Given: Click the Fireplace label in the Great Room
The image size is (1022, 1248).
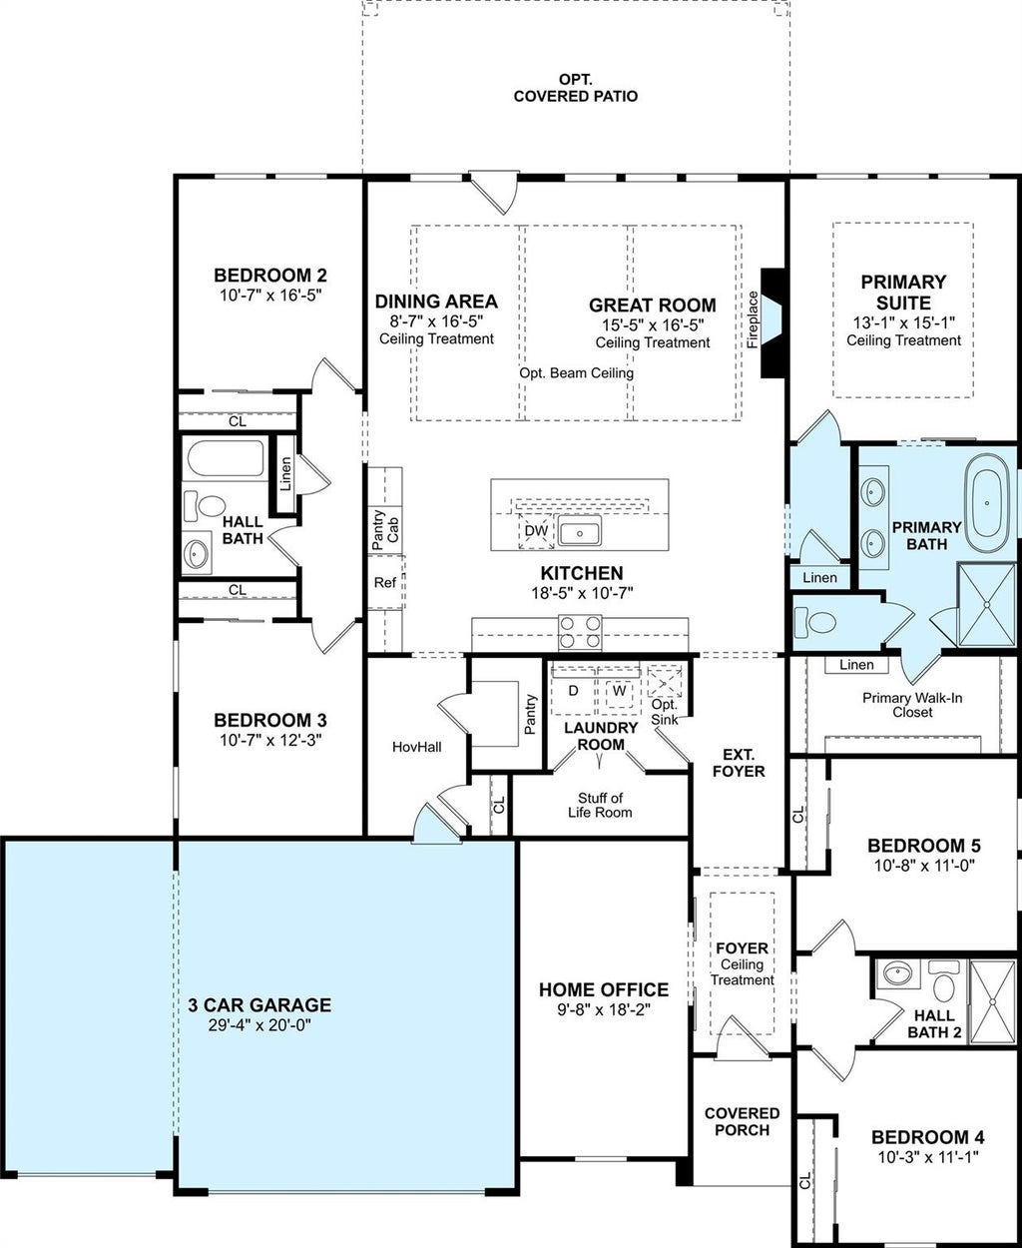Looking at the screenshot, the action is pos(753,319).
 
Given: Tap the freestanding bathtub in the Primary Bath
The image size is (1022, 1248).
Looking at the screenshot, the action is pos(987,503).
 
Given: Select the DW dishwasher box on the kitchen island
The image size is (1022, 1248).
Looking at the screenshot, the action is pos(536,531).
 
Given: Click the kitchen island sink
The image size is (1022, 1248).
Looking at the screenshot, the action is pos(580,530).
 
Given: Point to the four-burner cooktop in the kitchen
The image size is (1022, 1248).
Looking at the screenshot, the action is pos(580,632).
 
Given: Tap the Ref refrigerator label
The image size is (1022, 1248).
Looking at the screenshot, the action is pos(385,582).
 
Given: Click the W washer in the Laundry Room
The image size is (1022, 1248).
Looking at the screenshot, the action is pos(619,691).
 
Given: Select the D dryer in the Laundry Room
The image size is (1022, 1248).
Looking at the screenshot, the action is pos(573,691).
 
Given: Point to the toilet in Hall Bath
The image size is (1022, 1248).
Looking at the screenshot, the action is pos(204,505).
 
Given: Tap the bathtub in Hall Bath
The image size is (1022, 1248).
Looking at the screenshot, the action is pos(226,458).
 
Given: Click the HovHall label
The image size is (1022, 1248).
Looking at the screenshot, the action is pos(417,748).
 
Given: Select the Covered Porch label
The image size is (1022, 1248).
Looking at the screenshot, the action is pos(742,1121).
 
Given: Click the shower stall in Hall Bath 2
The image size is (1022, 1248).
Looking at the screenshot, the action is pos(993,1001).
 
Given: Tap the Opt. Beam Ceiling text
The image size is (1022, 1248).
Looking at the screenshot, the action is pos(576,373).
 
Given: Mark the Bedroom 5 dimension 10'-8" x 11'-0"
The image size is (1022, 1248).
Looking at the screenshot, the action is pos(924,866).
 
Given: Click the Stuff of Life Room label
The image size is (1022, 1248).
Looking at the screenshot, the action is pos(600,806).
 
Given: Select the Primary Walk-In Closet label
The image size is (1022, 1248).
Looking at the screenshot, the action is pos(912,705).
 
